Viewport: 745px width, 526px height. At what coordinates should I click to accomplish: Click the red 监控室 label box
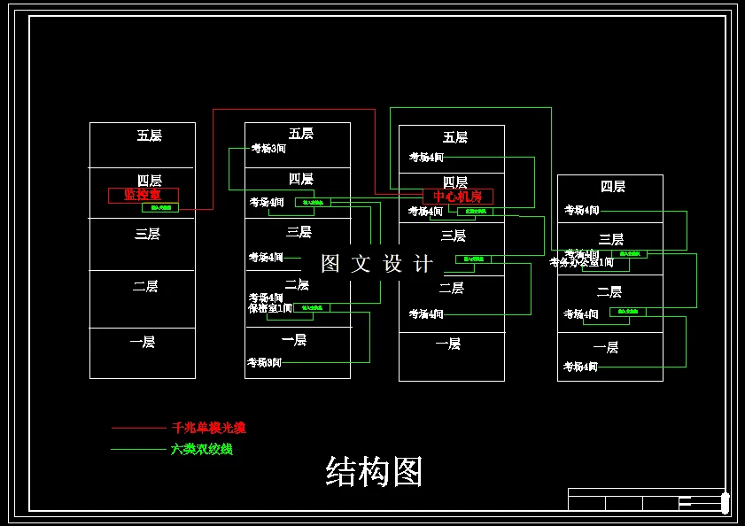point(143,195)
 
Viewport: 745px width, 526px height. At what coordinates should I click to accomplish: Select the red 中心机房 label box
point(457,197)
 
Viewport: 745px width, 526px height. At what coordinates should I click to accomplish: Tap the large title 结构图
point(374,472)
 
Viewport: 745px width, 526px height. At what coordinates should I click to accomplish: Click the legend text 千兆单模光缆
point(208,428)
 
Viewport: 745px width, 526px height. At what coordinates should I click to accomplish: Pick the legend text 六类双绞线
point(201,449)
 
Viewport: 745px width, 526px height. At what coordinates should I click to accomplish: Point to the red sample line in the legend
point(138,428)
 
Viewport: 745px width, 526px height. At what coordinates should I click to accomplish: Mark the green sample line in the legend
point(138,449)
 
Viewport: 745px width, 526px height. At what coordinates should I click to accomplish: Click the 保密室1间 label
point(270,308)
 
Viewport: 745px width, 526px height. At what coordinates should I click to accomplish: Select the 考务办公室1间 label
point(581,262)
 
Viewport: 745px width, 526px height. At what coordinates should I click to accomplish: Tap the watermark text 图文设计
point(377,263)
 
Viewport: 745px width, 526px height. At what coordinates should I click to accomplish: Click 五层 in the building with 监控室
point(149,135)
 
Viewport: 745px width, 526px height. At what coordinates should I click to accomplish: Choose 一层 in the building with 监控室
point(142,341)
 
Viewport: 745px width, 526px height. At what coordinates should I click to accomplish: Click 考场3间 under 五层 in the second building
point(268,149)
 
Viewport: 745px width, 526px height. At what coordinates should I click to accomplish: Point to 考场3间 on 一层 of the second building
point(264,362)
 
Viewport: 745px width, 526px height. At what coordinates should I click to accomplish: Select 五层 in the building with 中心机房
point(455,137)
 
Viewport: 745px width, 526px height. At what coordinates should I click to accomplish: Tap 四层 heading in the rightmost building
point(613,186)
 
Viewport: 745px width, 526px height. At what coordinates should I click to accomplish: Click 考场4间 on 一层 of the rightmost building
point(581,367)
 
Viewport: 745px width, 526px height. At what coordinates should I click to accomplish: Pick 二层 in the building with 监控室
point(145,286)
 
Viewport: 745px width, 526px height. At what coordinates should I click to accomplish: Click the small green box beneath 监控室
point(160,207)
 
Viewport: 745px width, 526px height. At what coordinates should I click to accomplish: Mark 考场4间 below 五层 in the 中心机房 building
point(426,158)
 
